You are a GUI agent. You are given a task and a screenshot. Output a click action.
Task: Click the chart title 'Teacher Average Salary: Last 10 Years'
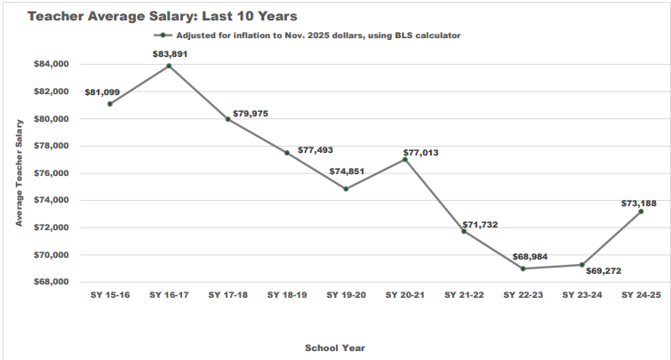coord(162,16)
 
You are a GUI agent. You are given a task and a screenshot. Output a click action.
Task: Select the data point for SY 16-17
coord(169,66)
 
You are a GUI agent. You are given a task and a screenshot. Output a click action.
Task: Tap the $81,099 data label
coord(102,92)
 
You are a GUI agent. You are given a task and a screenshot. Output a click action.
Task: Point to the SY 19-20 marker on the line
coord(346,188)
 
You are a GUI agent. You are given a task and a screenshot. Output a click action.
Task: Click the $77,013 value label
coord(420,153)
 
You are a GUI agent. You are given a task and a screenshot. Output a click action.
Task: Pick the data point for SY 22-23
coord(523,268)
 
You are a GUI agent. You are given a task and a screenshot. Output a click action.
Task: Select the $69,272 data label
coord(603,271)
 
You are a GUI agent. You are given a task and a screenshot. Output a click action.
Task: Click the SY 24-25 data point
coord(641,212)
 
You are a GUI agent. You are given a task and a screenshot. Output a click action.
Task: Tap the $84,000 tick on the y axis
coord(51,64)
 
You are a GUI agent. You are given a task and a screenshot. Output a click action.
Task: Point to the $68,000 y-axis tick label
coord(51,282)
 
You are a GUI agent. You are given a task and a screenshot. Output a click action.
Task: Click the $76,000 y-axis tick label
coord(51,173)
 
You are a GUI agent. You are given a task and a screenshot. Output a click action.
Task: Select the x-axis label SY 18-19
coord(287,295)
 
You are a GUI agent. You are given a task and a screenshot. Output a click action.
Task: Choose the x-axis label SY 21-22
coord(464,295)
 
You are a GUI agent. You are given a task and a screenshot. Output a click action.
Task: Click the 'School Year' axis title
coord(335,348)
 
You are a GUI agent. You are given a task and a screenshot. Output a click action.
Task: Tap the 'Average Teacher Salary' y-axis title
coord(19,173)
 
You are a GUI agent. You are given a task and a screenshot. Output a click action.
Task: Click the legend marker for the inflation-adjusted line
coord(163,36)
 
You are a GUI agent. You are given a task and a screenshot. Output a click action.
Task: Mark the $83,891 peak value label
coord(170,54)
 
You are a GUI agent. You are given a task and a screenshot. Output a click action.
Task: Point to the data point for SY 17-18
coord(228,119)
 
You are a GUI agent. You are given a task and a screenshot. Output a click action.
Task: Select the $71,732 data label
coord(480,225)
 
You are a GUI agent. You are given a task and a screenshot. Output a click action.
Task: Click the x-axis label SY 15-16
coord(110,295)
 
